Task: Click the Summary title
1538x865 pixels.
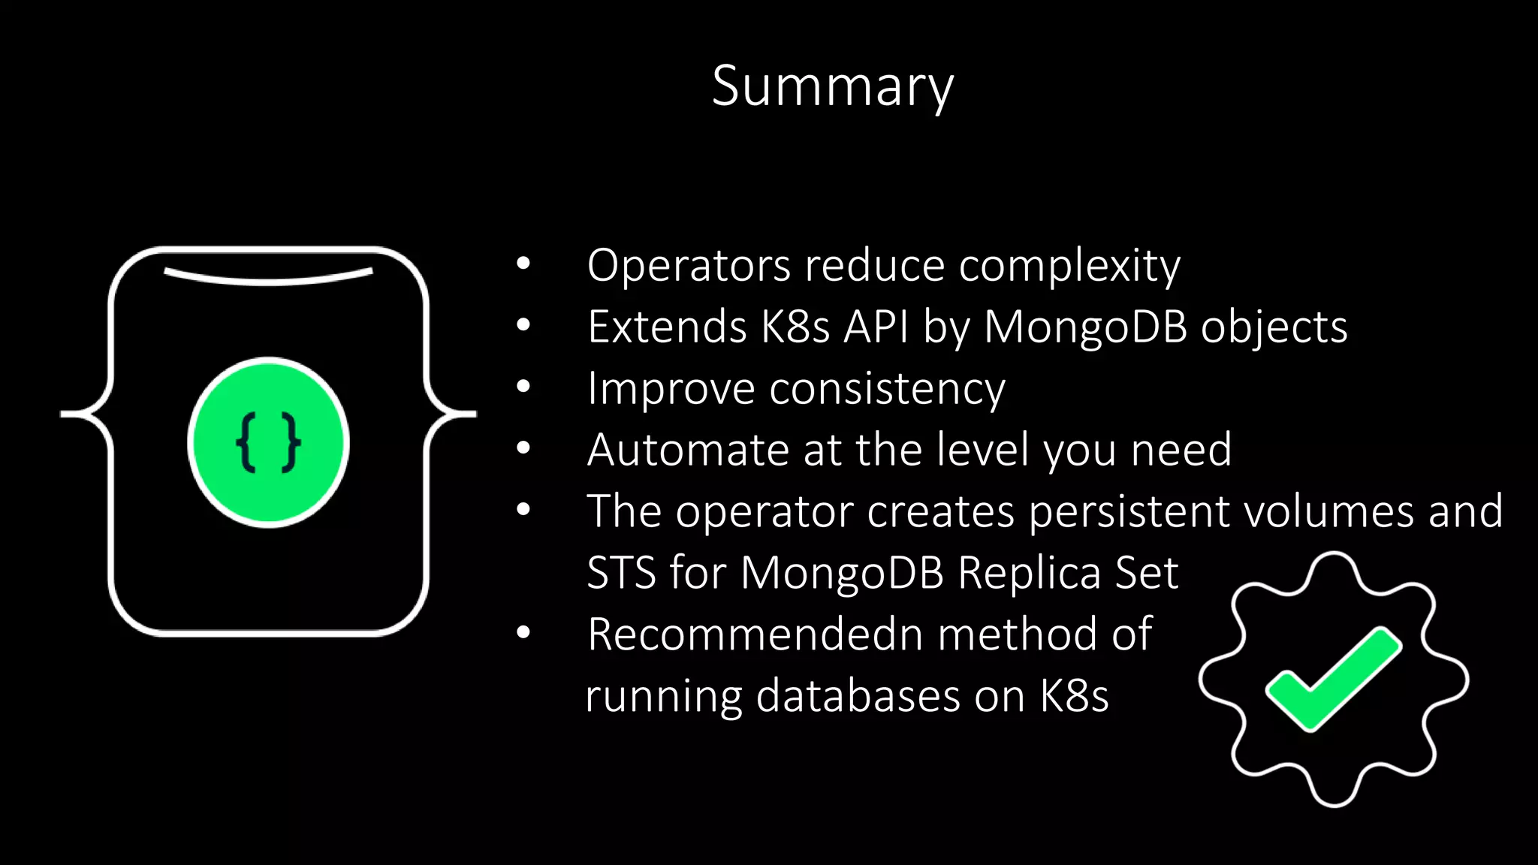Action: pos(832,86)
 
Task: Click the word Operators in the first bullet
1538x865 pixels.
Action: pos(689,266)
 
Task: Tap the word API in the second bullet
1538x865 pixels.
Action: pos(876,327)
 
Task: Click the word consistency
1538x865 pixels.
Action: pos(887,390)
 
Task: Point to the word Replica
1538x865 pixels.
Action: pos(1028,573)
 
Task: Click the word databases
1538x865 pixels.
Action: pos(858,696)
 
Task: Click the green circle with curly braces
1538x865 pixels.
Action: pos(268,443)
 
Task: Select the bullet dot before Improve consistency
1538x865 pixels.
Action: pos(523,387)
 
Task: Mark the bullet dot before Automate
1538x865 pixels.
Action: pos(523,448)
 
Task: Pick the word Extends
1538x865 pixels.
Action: pos(667,327)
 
